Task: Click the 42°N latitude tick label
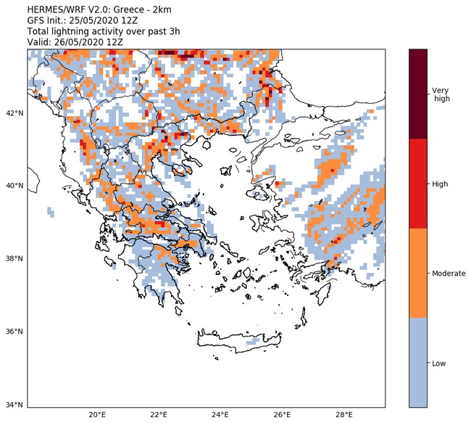coord(14,113)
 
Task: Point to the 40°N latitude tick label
coord(14,186)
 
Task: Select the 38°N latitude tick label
coord(14,259)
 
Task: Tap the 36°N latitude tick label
coord(14,332)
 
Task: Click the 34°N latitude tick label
coord(14,405)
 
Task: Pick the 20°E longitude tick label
coord(97,415)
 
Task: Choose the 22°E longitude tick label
coord(159,415)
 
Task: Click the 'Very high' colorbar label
coord(441,94)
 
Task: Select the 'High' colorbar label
coord(439,184)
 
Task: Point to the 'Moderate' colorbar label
coord(449,274)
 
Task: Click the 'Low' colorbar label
coord(438,363)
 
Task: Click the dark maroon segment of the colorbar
coord(418,94)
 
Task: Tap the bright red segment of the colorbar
coord(418,184)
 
